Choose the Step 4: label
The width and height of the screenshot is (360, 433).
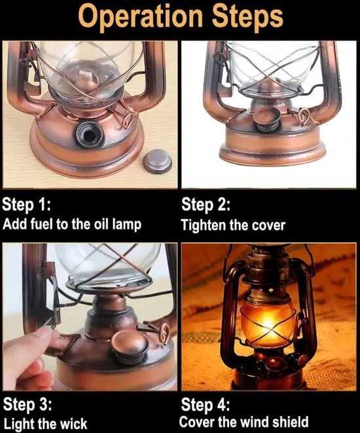click(x=206, y=404)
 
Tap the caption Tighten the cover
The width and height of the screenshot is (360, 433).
click(x=233, y=225)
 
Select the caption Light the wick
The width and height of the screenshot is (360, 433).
click(x=45, y=423)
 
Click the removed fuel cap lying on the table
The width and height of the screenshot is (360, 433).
click(x=157, y=161)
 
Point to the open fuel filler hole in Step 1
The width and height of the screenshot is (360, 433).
click(x=88, y=134)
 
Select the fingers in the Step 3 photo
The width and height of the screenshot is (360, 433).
click(x=29, y=357)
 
